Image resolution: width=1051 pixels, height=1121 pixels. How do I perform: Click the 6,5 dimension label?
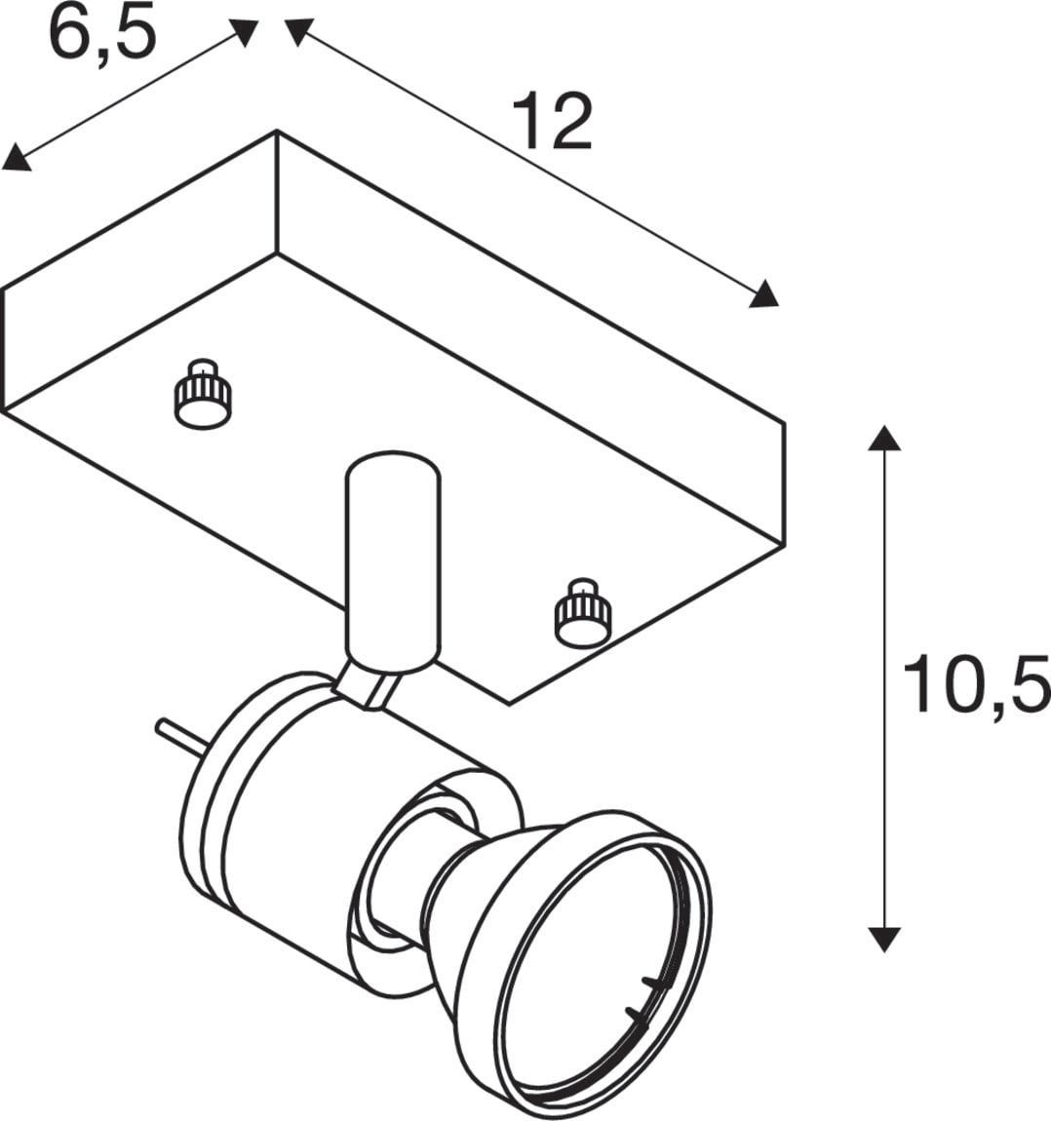[101, 36]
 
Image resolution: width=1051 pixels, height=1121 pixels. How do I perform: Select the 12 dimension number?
[552, 122]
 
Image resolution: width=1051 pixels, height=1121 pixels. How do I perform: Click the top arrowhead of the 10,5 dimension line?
[884, 438]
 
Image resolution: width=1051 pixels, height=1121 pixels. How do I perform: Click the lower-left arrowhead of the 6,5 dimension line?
[16, 159]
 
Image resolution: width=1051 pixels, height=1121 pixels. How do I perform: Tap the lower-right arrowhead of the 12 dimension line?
[763, 293]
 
